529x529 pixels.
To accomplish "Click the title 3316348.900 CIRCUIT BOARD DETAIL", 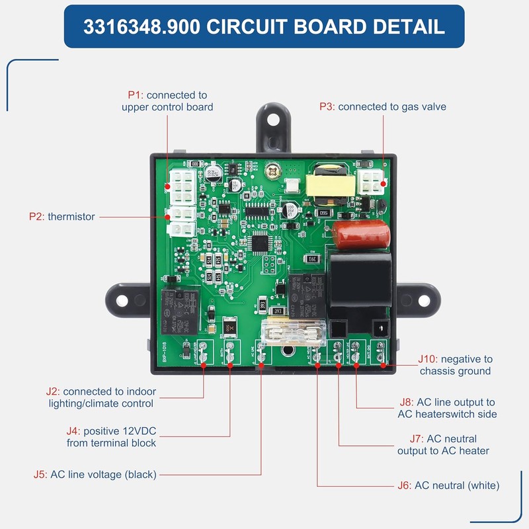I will click(x=264, y=26).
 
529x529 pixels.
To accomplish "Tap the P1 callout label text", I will click(x=167, y=101).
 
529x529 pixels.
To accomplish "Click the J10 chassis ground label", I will click(x=455, y=365).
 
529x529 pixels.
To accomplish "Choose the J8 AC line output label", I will click(x=447, y=408).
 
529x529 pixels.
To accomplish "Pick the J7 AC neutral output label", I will click(x=444, y=444).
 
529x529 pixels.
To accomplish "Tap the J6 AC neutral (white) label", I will click(x=448, y=485).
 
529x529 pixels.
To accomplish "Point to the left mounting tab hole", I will click(x=122, y=300).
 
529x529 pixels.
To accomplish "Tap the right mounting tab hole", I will click(x=417, y=300).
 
